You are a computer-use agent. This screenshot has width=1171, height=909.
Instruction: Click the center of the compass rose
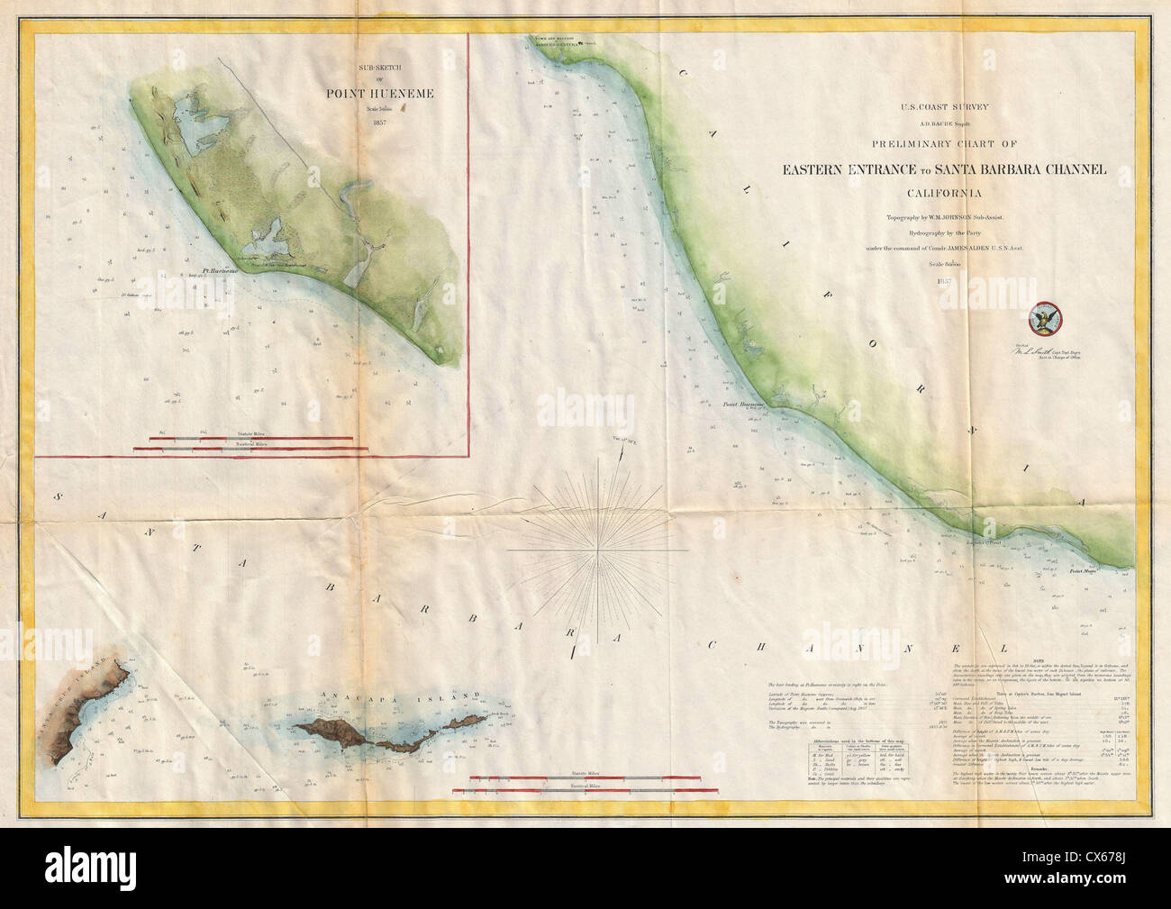click(596, 548)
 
